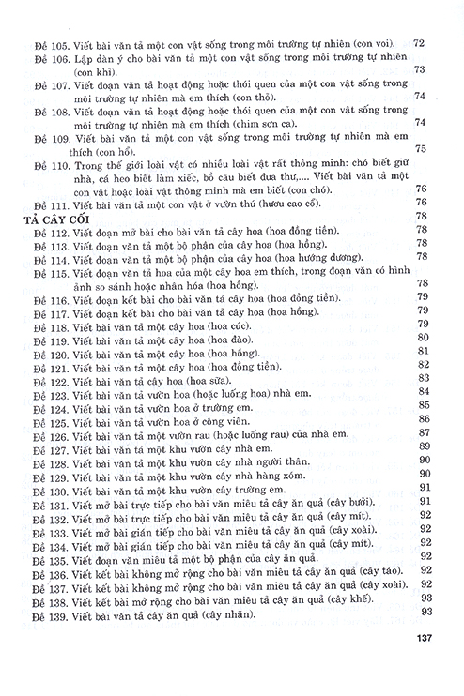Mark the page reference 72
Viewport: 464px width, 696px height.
pyautogui.click(x=421, y=42)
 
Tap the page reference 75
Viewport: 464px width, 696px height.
pyautogui.click(x=421, y=149)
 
